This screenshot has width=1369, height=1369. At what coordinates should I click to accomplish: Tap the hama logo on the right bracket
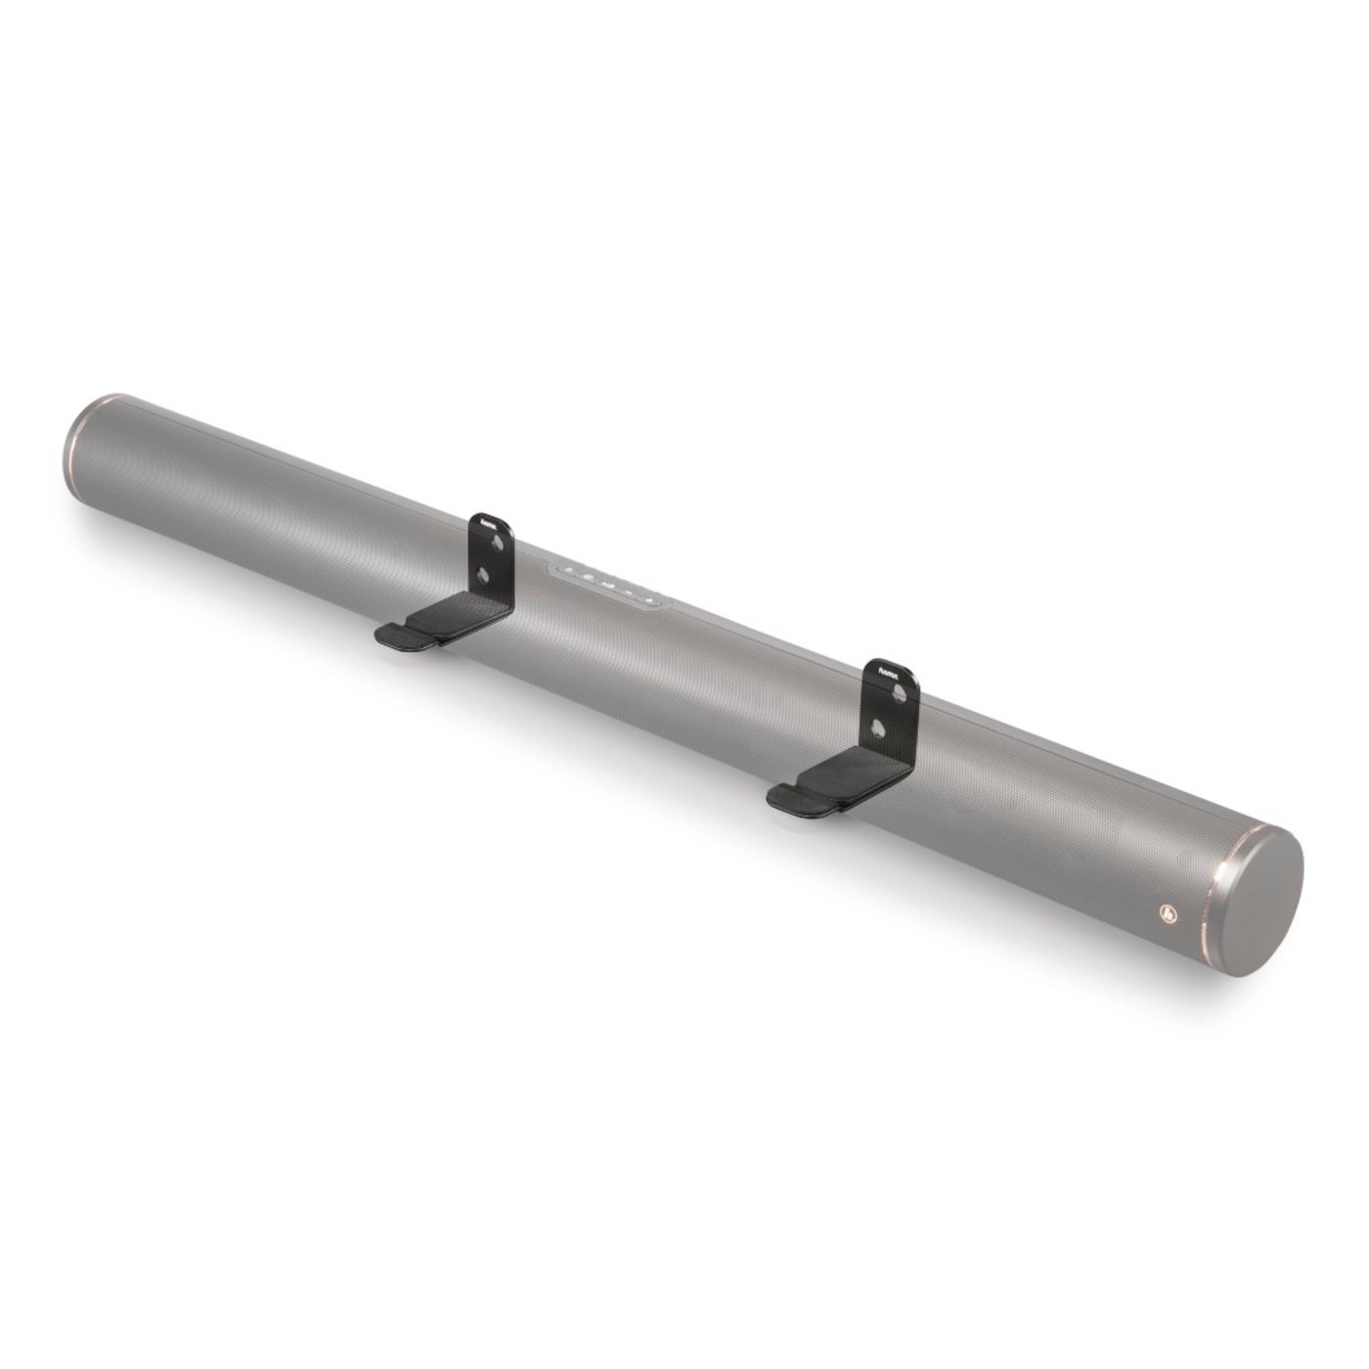(x=889, y=671)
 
